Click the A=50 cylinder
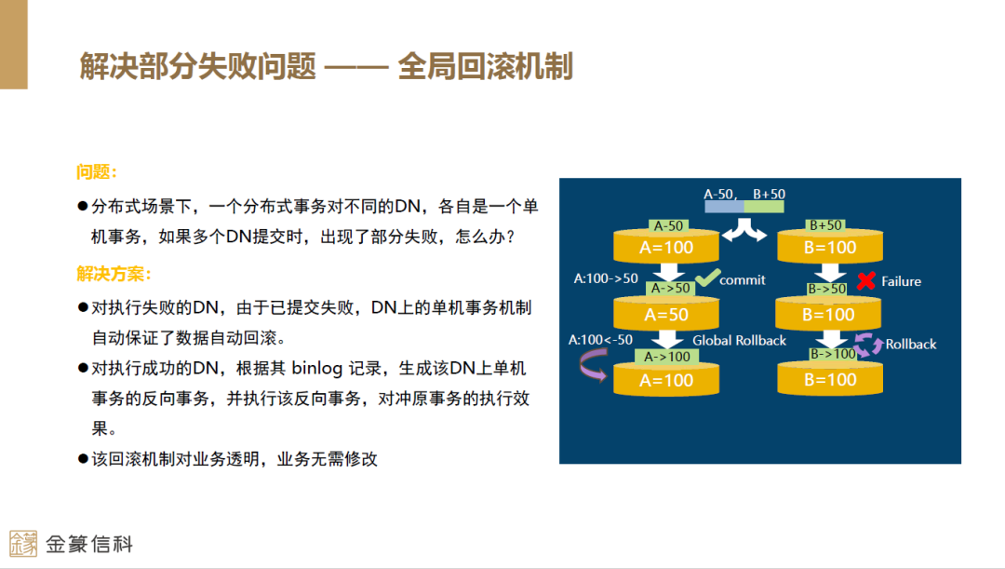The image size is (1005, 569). coord(665,315)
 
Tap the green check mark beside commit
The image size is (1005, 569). coord(707,277)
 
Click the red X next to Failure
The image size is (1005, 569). coord(865,280)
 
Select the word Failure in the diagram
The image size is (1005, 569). coord(901,281)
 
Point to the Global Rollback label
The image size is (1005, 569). coord(739,341)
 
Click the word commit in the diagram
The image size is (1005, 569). coord(743,279)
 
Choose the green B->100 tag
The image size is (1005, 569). coord(832,354)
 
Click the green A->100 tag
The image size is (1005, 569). coord(667,357)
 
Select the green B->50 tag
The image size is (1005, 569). coord(826,289)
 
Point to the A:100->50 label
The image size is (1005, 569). coord(606,278)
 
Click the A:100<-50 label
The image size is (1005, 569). coord(600,340)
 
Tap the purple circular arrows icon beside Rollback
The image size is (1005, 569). coord(869,345)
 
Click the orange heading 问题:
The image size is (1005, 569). coord(97,172)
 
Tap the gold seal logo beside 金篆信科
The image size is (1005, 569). coord(23,544)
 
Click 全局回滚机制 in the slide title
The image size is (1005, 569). coord(485,67)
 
